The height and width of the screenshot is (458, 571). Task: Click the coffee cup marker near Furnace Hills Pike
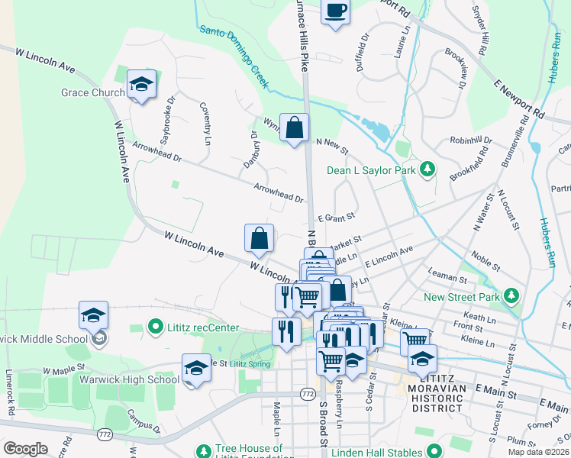click(335, 11)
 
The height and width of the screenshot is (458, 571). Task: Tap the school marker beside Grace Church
click(141, 84)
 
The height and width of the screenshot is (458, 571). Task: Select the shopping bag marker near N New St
click(294, 128)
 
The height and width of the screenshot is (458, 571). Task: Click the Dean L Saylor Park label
click(371, 170)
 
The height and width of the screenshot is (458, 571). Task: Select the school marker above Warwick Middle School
click(94, 315)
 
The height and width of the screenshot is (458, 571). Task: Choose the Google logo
click(26, 449)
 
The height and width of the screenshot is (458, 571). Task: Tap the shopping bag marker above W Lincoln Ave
click(260, 238)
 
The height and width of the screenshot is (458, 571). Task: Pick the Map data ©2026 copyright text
click(537, 452)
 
